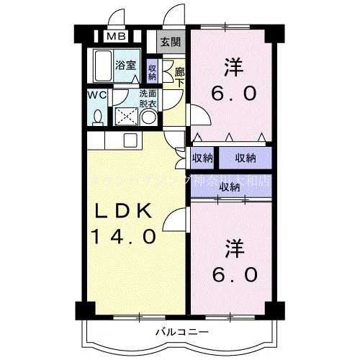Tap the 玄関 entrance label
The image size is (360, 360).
pos(170,41)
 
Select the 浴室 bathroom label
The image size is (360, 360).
pos(127,66)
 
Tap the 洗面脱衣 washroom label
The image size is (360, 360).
pos(150,99)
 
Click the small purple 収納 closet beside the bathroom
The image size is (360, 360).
pos(152,71)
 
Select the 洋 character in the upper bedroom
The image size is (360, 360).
pos(233,68)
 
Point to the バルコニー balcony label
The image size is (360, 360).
pos(180,332)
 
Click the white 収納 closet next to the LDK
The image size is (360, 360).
pos(202,158)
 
